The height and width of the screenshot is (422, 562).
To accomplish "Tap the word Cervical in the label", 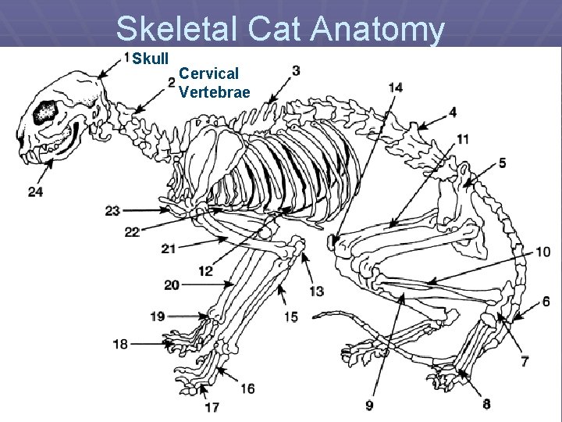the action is pyautogui.click(x=208, y=74).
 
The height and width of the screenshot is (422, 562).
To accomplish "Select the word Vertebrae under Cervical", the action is pyautogui.click(x=214, y=92).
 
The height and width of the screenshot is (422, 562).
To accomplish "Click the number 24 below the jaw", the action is pyautogui.click(x=35, y=191).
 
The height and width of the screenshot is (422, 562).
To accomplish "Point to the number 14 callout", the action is pyautogui.click(x=395, y=87).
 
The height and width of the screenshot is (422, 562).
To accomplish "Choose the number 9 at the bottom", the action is pyautogui.click(x=369, y=405).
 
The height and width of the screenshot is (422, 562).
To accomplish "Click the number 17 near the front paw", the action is pyautogui.click(x=212, y=406).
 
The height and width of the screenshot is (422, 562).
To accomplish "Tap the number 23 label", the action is pyautogui.click(x=112, y=210).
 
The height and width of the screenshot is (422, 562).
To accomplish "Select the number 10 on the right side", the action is pyautogui.click(x=543, y=252).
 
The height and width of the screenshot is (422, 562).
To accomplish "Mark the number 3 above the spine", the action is pyautogui.click(x=296, y=70).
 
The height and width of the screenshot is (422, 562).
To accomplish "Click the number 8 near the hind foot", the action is pyautogui.click(x=486, y=404).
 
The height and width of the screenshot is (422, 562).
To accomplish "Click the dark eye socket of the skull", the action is pyautogui.click(x=45, y=113).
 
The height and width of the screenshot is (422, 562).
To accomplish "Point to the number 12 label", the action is pyautogui.click(x=206, y=271).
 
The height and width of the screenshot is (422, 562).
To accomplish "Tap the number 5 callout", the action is pyautogui.click(x=503, y=163).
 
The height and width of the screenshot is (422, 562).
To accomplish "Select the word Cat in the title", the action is pyautogui.click(x=275, y=30).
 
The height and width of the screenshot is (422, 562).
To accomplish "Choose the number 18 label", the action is pyautogui.click(x=120, y=344).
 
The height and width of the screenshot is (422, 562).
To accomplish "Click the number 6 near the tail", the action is pyautogui.click(x=546, y=302).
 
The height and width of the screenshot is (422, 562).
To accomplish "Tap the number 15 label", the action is pyautogui.click(x=290, y=316).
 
